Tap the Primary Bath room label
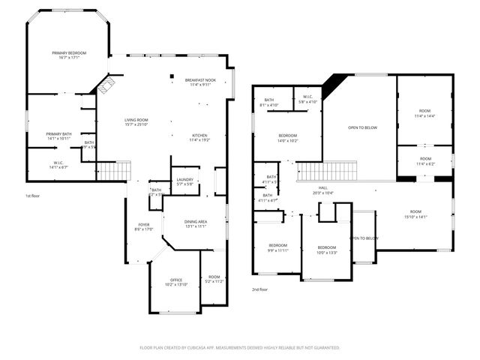tap(58, 136)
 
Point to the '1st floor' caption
tap(33, 196)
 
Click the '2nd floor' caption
tap(260, 289)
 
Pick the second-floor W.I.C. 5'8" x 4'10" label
tap(308, 99)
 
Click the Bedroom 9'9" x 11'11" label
tap(278, 248)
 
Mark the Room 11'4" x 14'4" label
tap(425, 114)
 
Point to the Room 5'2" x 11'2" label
tap(214, 279)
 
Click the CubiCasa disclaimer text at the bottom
tap(240, 348)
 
